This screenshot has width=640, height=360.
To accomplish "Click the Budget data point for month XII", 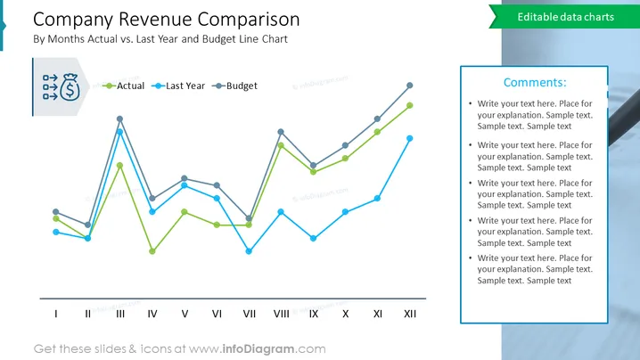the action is pyautogui.click(x=410, y=86).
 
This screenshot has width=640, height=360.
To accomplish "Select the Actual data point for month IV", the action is pyautogui.click(x=152, y=251).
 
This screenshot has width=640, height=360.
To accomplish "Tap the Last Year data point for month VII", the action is pyautogui.click(x=249, y=251).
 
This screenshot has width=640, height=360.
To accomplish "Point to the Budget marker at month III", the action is pyautogui.click(x=119, y=119).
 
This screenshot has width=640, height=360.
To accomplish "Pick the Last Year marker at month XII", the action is pyautogui.click(x=410, y=138).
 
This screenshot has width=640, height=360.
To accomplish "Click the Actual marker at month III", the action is pyautogui.click(x=119, y=166).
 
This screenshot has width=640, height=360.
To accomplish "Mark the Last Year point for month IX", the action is pyautogui.click(x=313, y=238).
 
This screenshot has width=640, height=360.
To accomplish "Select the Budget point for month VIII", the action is pyautogui.click(x=281, y=132).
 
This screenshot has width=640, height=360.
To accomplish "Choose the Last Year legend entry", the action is pyautogui.click(x=178, y=86).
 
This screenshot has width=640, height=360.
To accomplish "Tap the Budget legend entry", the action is pyautogui.click(x=234, y=86).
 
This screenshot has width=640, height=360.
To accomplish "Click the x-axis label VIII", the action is pyautogui.click(x=281, y=314).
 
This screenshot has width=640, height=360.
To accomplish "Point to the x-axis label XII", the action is pyautogui.click(x=410, y=314).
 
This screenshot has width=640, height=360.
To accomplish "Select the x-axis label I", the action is pyautogui.click(x=56, y=314).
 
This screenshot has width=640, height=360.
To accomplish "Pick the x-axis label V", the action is pyautogui.click(x=185, y=314).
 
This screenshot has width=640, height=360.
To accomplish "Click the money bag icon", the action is pyautogui.click(x=70, y=87).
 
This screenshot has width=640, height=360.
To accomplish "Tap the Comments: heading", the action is pyautogui.click(x=535, y=83).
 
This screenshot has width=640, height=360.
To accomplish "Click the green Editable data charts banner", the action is pyautogui.click(x=564, y=17).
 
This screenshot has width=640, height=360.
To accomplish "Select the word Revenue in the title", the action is pyautogui.click(x=155, y=20).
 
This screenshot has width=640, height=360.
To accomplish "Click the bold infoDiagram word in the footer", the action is pyautogui.click(x=258, y=349).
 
